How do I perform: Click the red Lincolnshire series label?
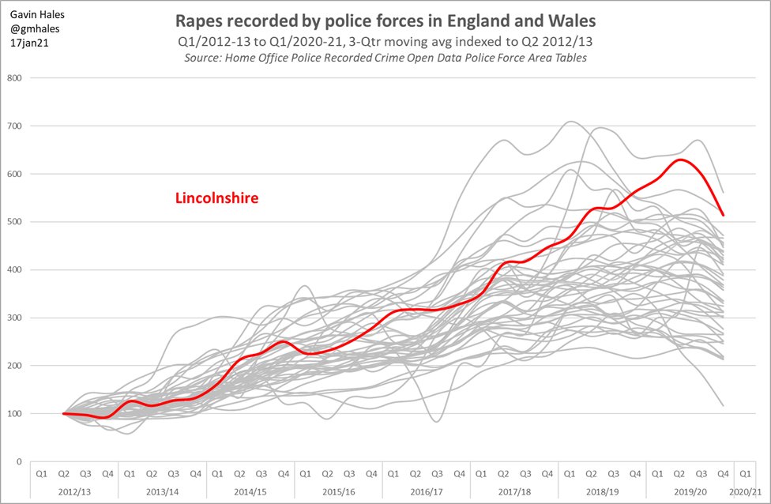pyautogui.click(x=216, y=198)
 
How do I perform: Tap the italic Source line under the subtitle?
pyautogui.click(x=385, y=58)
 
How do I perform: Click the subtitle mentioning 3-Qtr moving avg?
pyautogui.click(x=385, y=40)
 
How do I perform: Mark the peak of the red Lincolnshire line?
pyautogui.click(x=678, y=160)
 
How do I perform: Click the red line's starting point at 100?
pyautogui.click(x=64, y=413)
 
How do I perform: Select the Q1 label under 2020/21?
pyautogui.click(x=745, y=472)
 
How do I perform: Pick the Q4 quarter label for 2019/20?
pyautogui.click(x=723, y=472)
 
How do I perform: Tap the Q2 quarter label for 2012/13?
pyautogui.click(x=63, y=472)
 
